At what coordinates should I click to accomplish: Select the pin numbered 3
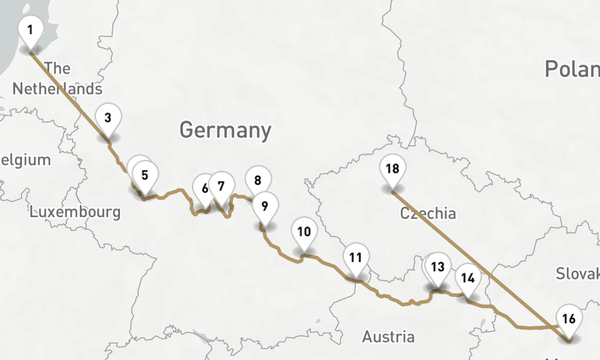point(108,118)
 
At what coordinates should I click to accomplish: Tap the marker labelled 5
point(145,176)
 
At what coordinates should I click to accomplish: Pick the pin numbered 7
point(221,186)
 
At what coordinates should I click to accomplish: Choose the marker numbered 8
point(258,180)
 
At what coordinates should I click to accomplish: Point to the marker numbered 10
point(304,232)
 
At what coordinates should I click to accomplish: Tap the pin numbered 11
point(356,259)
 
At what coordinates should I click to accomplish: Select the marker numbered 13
point(439,267)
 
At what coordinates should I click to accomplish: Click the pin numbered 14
point(468,278)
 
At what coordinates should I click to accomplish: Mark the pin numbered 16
point(569,319)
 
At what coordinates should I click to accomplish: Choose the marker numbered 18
point(392,169)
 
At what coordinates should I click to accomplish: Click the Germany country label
point(225,130)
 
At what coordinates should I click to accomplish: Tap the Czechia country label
point(428,213)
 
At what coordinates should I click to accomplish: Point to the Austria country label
point(388,337)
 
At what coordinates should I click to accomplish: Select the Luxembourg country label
point(75,212)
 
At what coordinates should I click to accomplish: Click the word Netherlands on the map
point(57,89)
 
